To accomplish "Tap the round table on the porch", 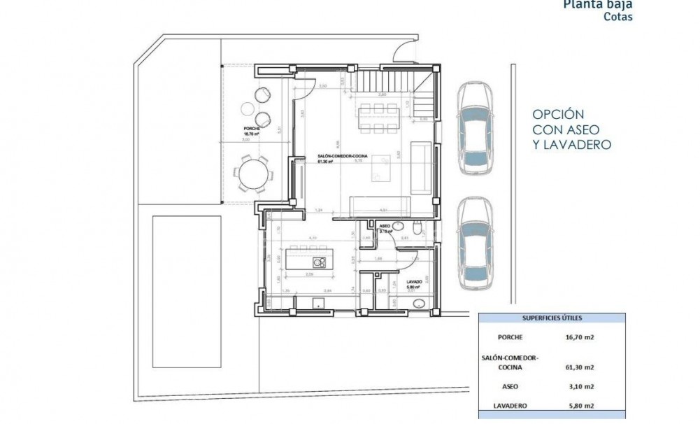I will [x=252, y=174].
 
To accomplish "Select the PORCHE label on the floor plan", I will [x=252, y=129].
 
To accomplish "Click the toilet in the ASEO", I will [x=417, y=229].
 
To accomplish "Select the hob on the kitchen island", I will [x=320, y=263].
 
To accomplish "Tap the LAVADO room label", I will [x=414, y=283].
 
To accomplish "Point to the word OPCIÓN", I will [x=558, y=114].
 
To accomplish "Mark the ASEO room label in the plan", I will [x=384, y=227].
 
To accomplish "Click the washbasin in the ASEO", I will [x=399, y=225].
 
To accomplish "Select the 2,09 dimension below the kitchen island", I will [x=308, y=275].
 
